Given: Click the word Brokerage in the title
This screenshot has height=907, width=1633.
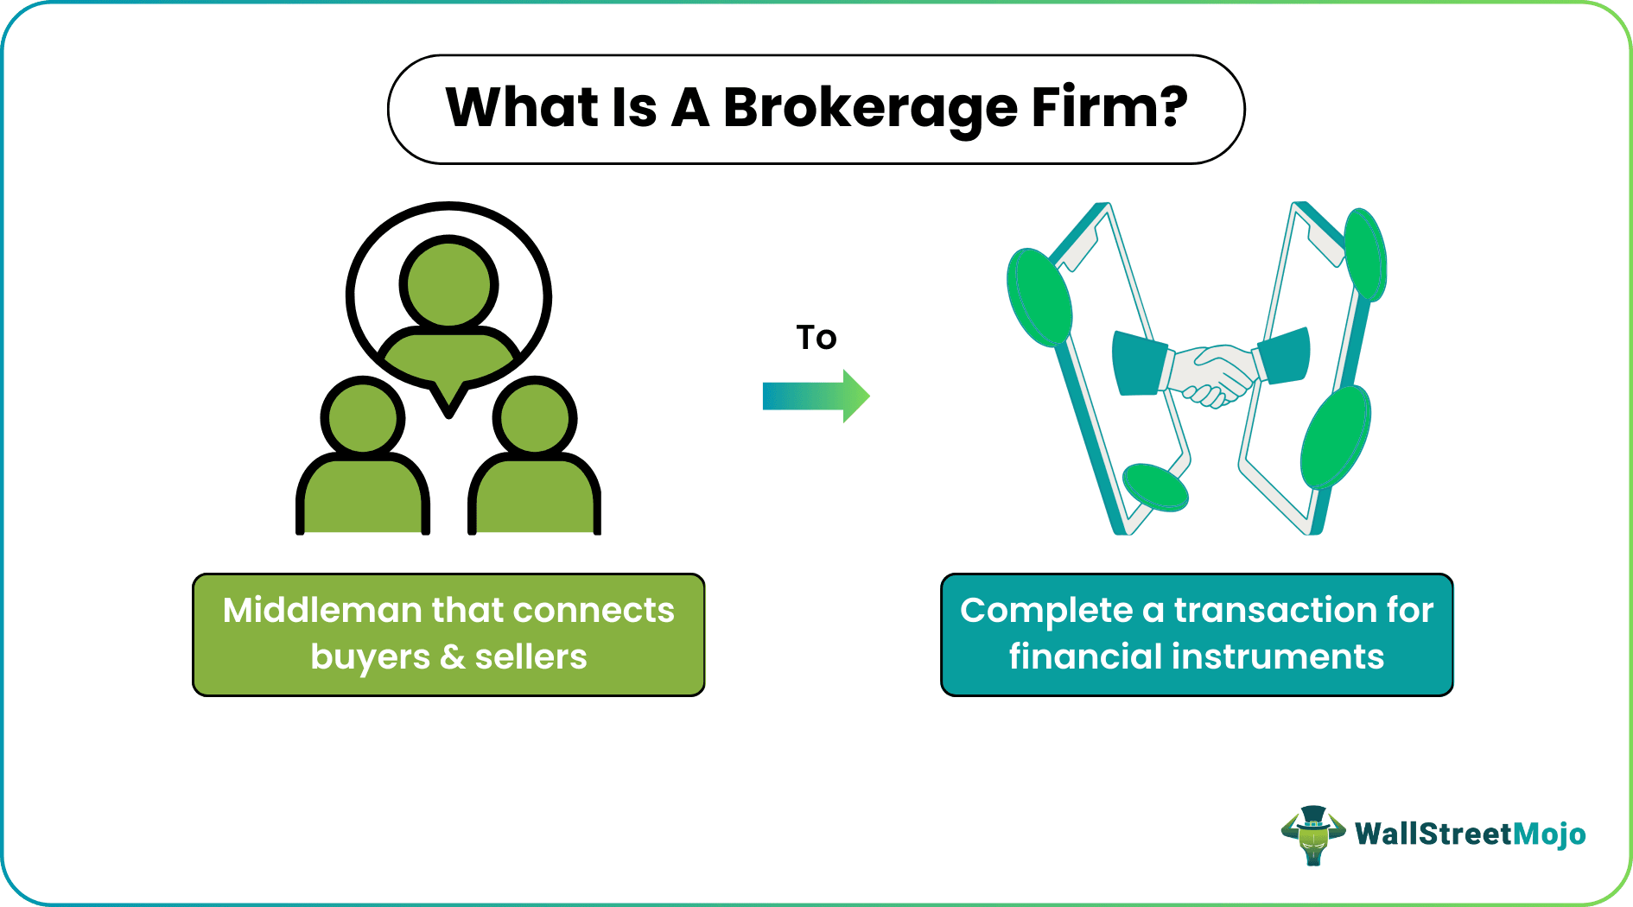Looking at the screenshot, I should pyautogui.click(x=869, y=109).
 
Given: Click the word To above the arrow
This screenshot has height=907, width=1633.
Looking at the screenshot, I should pyautogui.click(x=816, y=338).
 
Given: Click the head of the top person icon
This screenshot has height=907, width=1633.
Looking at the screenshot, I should pyautogui.click(x=448, y=282).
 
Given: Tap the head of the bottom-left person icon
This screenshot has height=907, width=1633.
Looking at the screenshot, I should pyautogui.click(x=363, y=418).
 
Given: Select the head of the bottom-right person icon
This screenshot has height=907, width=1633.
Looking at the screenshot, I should pyautogui.click(x=535, y=418).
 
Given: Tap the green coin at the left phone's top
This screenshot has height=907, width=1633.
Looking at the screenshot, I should pyautogui.click(x=1039, y=298).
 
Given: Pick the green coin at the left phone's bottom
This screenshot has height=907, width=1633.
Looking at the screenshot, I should pyautogui.click(x=1154, y=487).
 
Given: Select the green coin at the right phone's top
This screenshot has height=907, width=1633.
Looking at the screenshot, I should pyautogui.click(x=1364, y=255).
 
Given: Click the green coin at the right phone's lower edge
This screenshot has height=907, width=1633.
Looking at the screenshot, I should pyautogui.click(x=1335, y=437).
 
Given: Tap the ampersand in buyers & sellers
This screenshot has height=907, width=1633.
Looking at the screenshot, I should pyautogui.click(x=452, y=657).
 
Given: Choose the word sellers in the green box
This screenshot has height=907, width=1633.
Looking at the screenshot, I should pyautogui.click(x=531, y=657).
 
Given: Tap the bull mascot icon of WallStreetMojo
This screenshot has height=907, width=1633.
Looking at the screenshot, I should pyautogui.click(x=1312, y=834).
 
